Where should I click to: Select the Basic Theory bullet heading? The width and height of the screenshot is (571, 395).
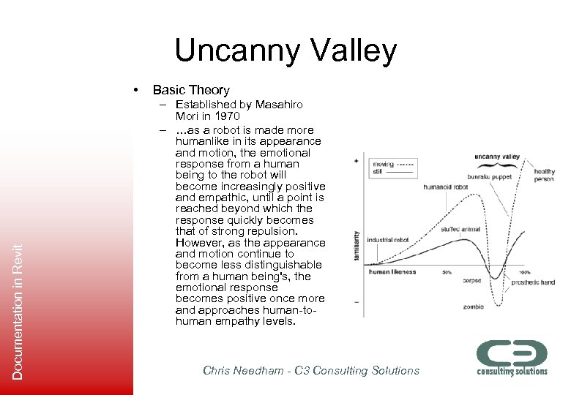[191, 90]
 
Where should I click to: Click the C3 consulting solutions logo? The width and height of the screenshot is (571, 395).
[512, 358]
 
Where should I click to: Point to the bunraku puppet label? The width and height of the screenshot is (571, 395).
[490, 177]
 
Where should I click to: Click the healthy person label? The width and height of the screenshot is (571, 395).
[544, 176]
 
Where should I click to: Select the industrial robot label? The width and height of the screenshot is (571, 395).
[389, 240]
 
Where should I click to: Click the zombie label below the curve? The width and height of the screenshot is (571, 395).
[473, 306]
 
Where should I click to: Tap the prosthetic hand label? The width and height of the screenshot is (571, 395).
[532, 282]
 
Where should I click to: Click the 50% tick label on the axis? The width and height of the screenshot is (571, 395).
[445, 272]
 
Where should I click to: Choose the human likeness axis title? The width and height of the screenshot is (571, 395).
[392, 272]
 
